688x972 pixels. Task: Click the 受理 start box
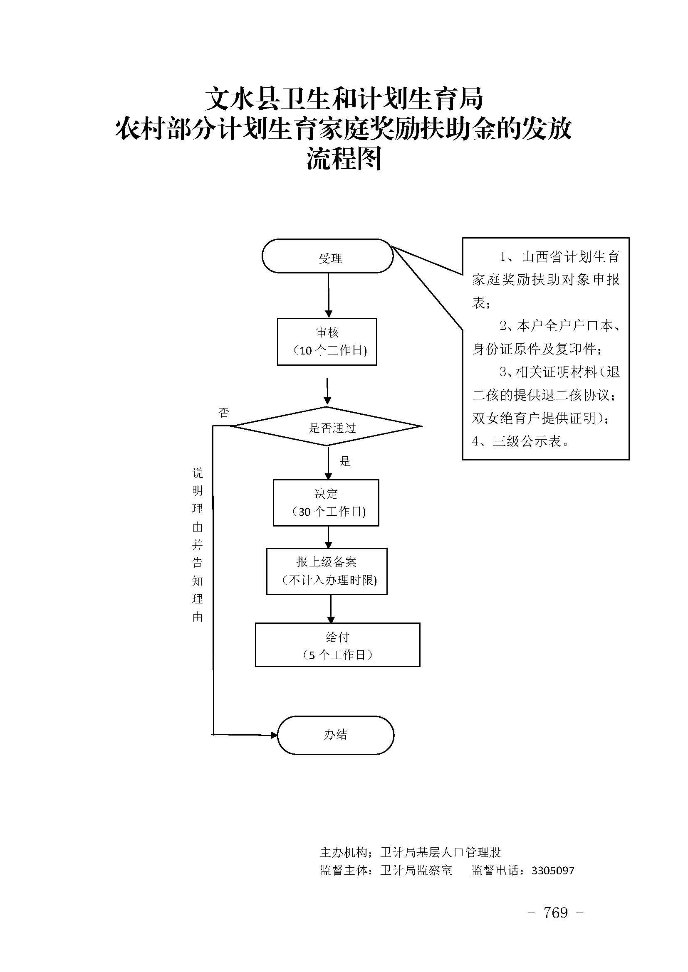327,256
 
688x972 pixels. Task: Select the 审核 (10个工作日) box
327,342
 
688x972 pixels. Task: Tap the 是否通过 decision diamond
327,427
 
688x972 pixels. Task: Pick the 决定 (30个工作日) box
326,503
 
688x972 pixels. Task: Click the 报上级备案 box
326,571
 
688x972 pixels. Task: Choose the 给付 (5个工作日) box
337,645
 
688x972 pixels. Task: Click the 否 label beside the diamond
224,413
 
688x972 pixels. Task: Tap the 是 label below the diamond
345,461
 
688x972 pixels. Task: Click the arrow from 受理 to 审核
328,295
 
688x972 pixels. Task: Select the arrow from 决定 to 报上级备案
328,537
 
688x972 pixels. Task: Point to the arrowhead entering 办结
274,735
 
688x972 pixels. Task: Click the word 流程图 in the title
344,158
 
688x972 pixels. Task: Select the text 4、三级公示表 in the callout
521,442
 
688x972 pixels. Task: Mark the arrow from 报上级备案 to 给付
331,609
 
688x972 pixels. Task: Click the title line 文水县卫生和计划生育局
344,98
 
